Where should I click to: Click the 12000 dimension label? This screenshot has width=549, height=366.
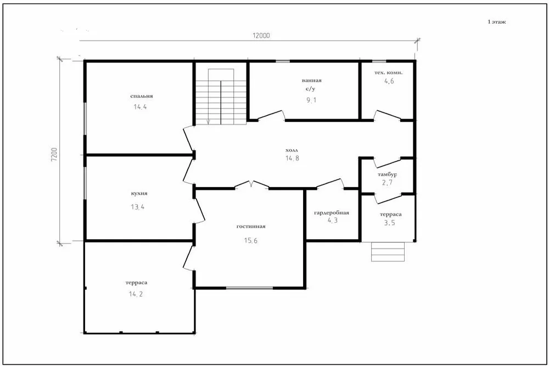click(261, 35)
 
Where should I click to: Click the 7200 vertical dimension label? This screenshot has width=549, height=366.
click(54, 154)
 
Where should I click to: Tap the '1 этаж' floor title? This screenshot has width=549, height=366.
click(496, 22)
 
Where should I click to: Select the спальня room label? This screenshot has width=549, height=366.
click(142, 96)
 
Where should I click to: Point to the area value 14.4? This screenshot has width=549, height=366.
click(140, 106)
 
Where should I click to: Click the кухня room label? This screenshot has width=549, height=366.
click(139, 193)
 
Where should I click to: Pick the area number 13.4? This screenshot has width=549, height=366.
click(138, 207)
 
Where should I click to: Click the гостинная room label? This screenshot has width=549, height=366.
click(251, 227)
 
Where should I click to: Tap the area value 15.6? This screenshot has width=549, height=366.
click(251, 240)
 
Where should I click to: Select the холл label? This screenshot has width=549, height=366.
click(292, 150)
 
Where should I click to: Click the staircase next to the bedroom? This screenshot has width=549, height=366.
click(221, 97)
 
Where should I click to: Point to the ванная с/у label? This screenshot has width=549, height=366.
click(311, 85)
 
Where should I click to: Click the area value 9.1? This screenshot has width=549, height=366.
click(311, 100)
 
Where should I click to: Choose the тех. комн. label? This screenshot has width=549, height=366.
click(388, 72)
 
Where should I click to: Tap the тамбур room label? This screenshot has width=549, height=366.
click(387, 174)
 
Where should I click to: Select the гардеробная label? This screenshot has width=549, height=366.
click(332, 212)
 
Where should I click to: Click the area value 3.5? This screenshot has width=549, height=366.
click(389, 223)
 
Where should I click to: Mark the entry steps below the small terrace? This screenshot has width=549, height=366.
click(388, 251)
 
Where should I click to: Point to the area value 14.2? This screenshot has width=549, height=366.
click(136, 294)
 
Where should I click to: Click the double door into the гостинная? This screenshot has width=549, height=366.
click(252, 185)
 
